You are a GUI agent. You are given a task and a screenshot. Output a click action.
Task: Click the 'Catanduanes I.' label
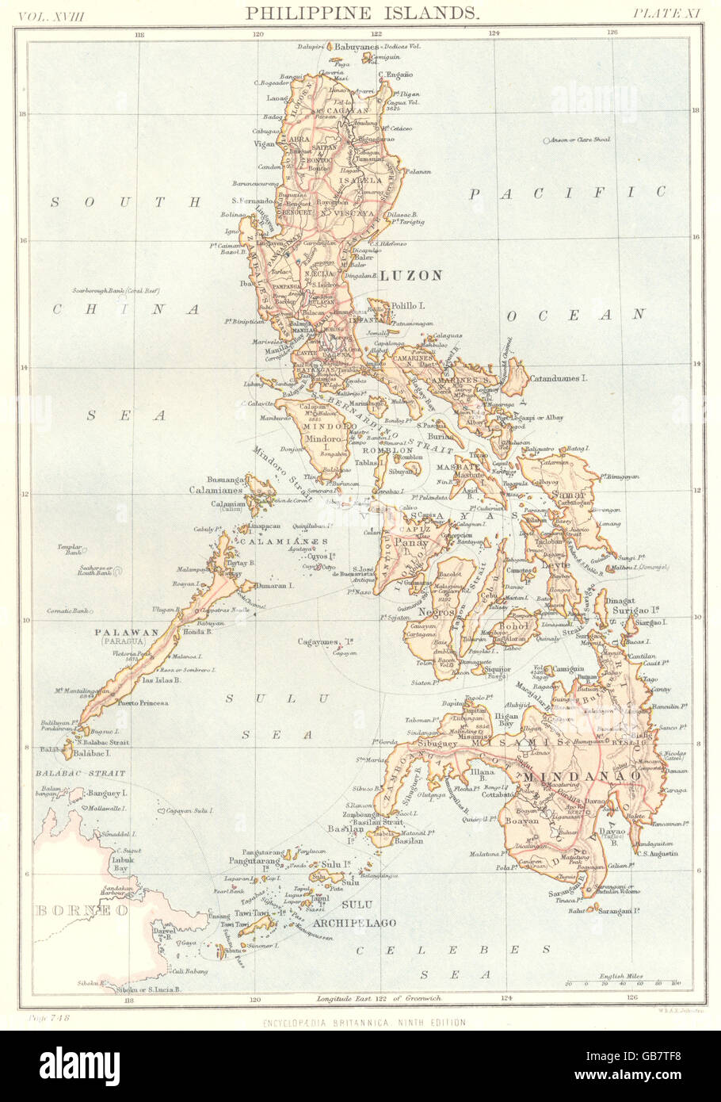[559, 379]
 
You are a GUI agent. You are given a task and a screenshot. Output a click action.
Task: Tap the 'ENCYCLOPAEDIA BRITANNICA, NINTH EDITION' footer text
[364, 1023]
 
